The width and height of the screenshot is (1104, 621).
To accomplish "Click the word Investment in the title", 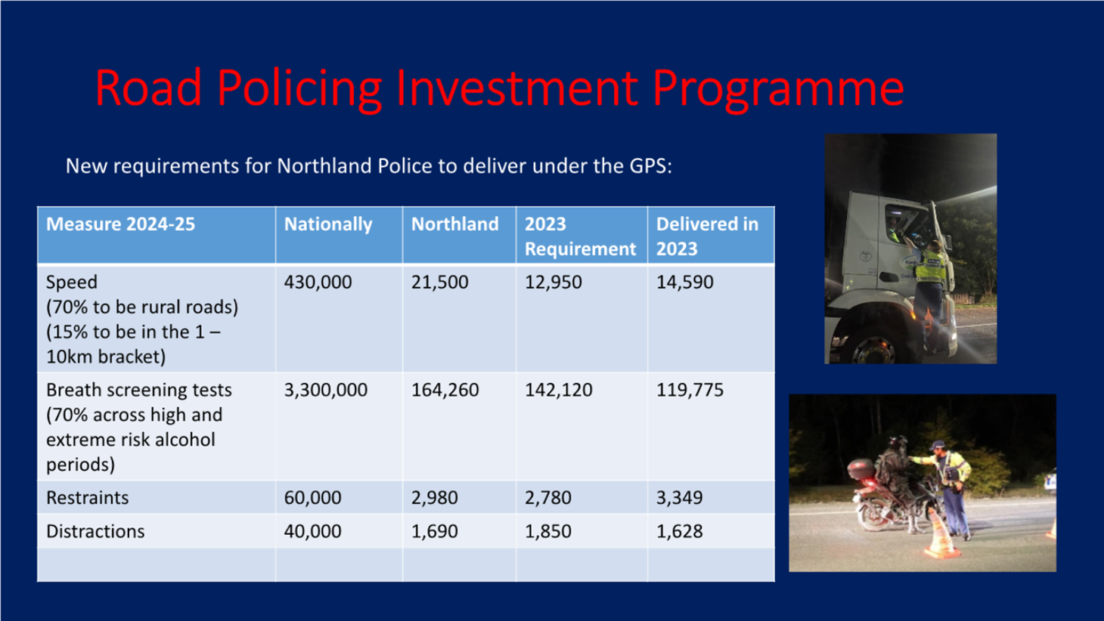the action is (x=516, y=88).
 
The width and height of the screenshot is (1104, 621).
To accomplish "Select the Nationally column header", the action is (x=328, y=224).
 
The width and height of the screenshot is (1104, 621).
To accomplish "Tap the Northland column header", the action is (x=455, y=224).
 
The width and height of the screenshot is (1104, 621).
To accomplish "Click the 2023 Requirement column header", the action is (x=580, y=236).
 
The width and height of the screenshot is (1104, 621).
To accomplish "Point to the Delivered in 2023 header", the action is (x=707, y=236).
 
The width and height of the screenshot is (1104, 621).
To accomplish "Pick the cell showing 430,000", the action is (x=318, y=283).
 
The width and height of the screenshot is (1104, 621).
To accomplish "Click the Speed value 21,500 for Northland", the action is (x=439, y=283).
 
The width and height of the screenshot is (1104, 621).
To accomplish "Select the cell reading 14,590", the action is (x=684, y=283).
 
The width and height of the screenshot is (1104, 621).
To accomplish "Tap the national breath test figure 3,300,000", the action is (x=326, y=390).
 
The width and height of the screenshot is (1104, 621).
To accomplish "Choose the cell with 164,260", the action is (x=445, y=390).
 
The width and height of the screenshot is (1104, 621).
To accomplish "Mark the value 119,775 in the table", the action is (x=690, y=390).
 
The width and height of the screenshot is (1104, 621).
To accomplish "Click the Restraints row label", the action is (x=87, y=498).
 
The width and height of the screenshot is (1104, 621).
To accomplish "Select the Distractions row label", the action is (x=95, y=531).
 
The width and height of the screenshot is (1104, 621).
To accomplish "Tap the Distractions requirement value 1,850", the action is (x=548, y=531).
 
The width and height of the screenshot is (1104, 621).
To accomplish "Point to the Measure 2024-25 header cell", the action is (x=120, y=224).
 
